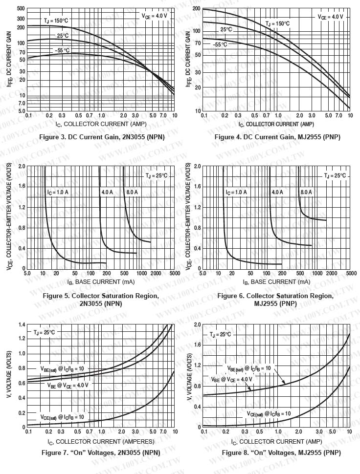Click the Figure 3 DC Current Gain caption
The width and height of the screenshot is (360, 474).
pos(102,137)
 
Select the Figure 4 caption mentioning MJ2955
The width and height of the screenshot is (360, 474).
pos(277,137)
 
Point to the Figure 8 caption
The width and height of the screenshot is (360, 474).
pos(281,452)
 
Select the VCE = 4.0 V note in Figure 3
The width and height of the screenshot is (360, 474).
pos(155,16)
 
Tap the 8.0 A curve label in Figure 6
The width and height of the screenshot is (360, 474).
pos(306,192)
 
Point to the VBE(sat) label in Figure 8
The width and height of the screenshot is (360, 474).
pos(249,368)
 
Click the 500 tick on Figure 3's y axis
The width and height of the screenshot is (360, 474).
pos(21,9)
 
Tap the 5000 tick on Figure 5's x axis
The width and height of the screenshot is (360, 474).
pos(175,274)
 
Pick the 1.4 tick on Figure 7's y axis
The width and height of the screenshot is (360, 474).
pos(21,324)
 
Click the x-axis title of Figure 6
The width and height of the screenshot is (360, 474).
pos(276,282)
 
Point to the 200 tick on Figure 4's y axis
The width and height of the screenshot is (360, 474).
pos(197,9)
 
